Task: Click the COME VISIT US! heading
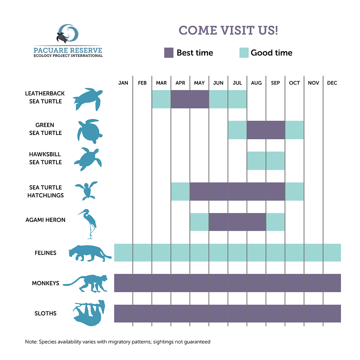point(228,30)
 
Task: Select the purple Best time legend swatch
point(169,53)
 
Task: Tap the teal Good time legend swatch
point(244,53)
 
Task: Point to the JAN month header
point(123,83)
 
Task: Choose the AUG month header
point(256,83)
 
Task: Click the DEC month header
point(332,83)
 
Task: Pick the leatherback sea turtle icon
point(88,99)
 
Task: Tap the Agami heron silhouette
point(89,224)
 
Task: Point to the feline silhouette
point(89,253)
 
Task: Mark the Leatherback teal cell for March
point(161,99)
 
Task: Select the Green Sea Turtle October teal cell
point(295,130)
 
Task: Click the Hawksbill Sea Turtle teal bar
point(266,160)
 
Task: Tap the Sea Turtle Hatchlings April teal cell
point(180,191)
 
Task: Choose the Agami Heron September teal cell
point(276,222)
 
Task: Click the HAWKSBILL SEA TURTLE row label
point(45,158)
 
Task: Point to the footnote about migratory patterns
point(118,341)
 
